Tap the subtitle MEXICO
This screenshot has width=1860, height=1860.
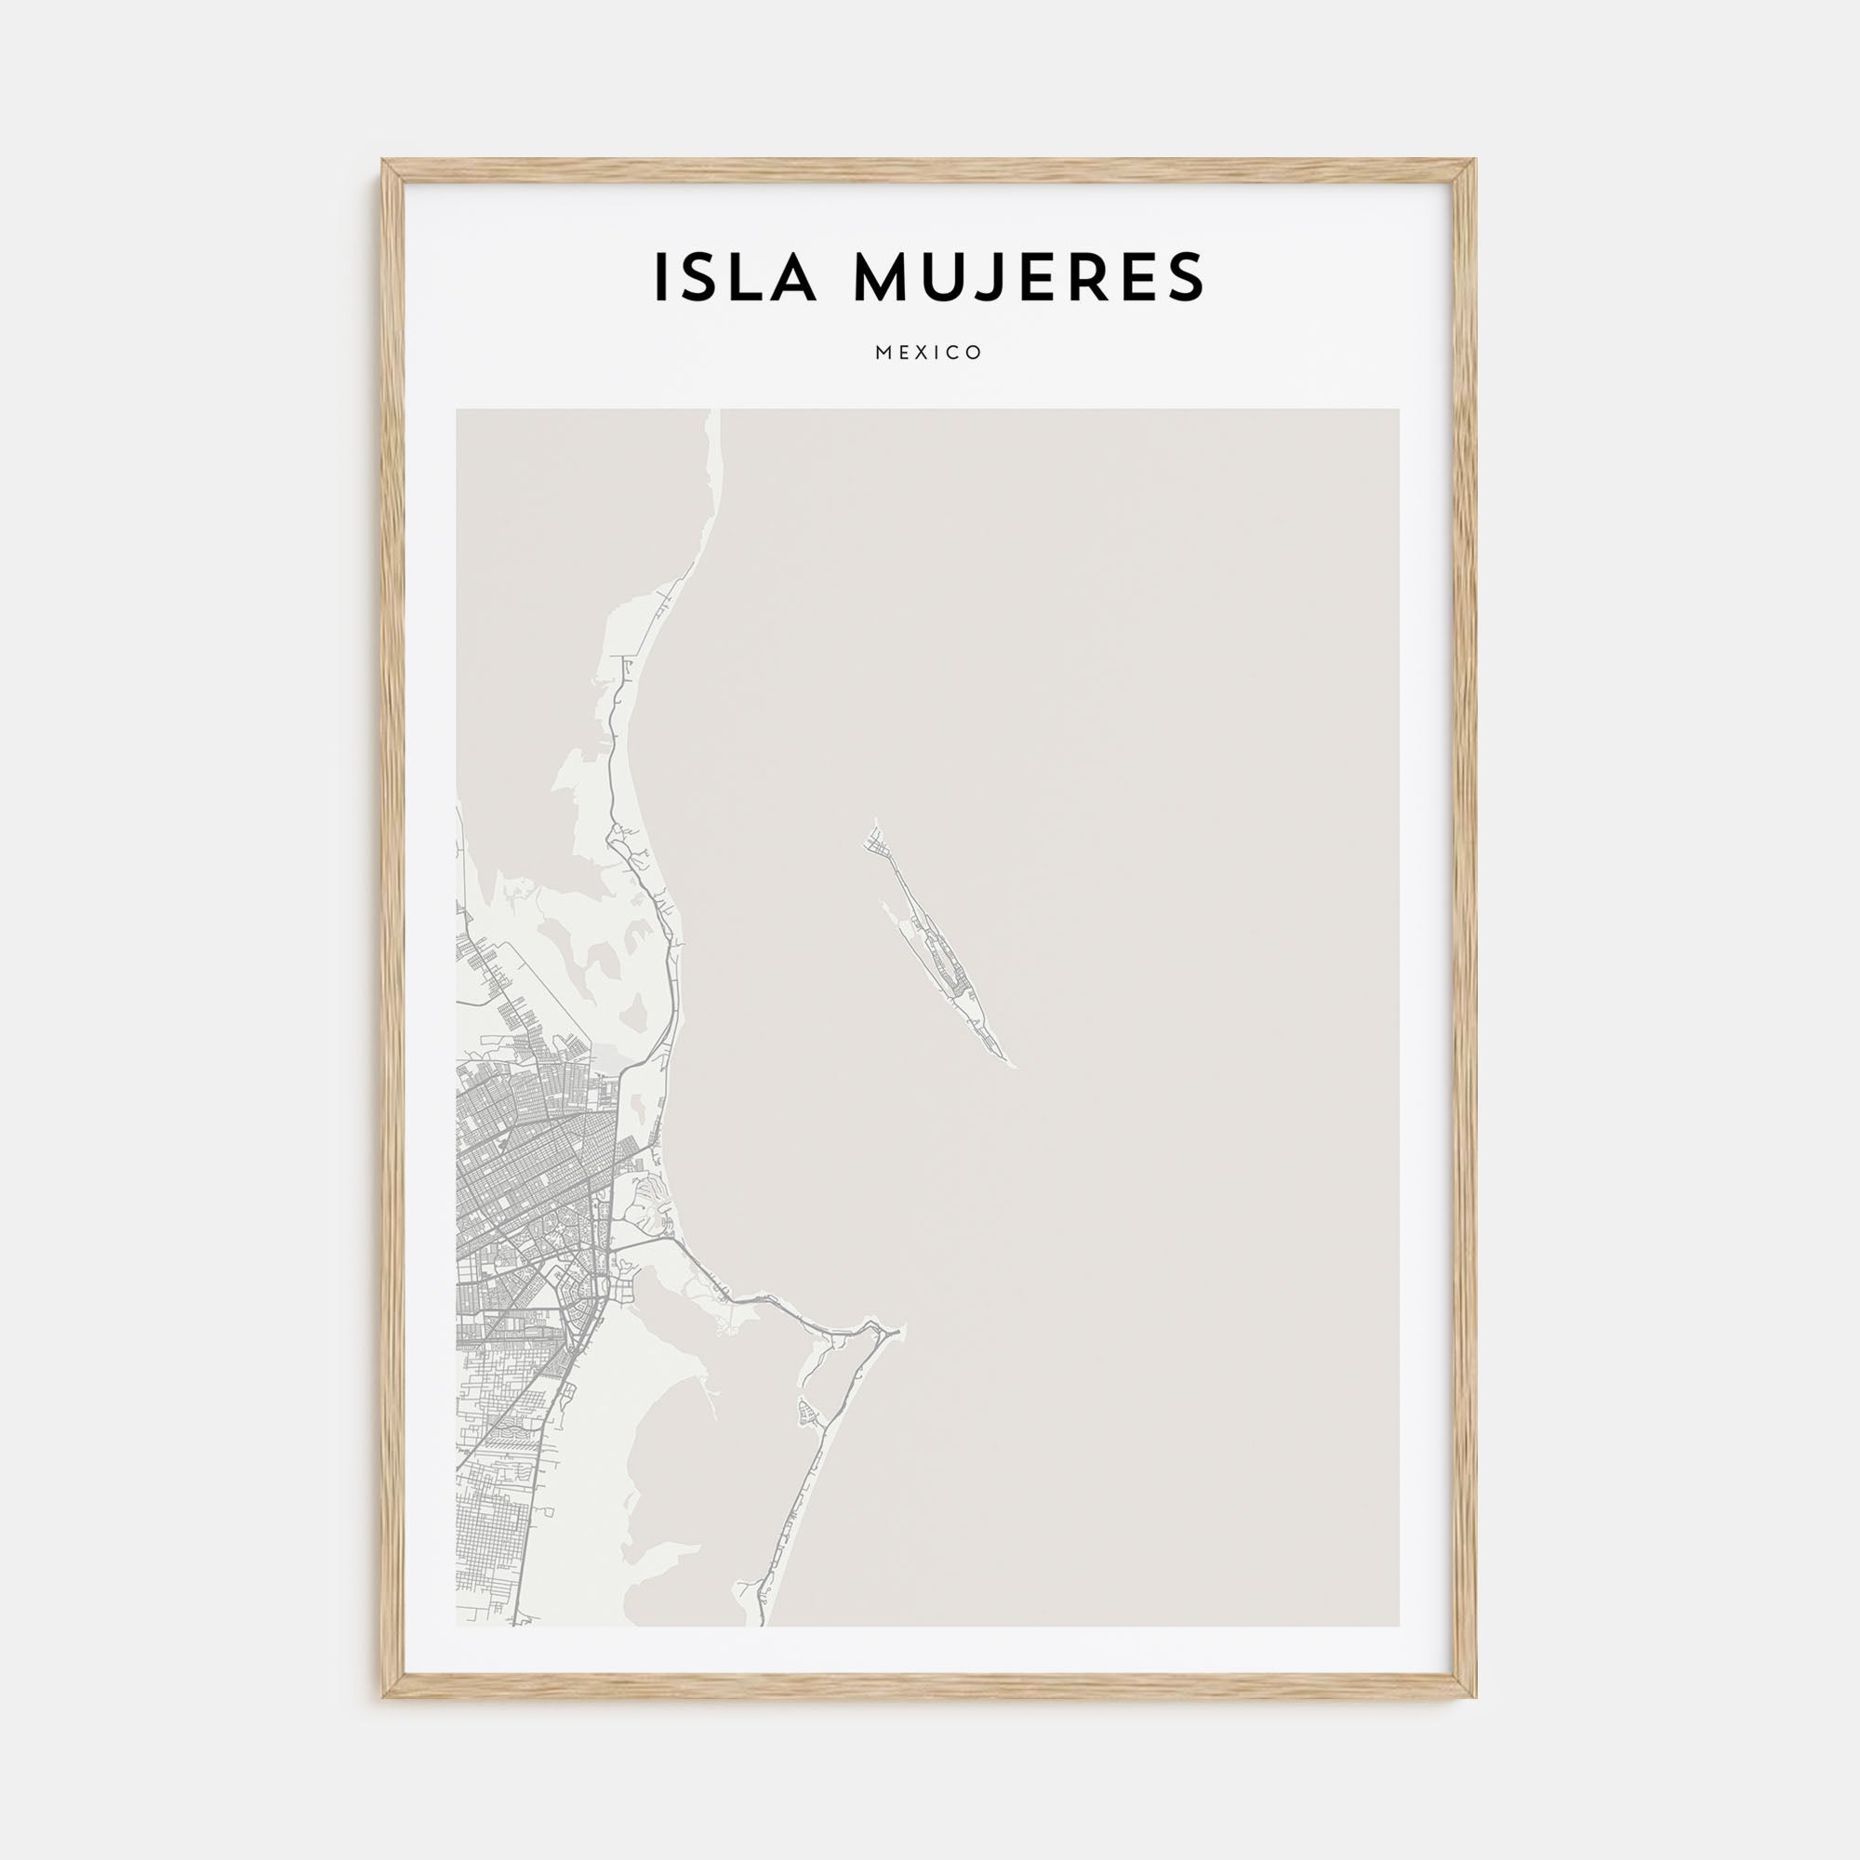click(929, 352)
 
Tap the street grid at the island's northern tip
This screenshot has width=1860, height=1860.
click(879, 847)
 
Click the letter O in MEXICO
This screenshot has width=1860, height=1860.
click(976, 352)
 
